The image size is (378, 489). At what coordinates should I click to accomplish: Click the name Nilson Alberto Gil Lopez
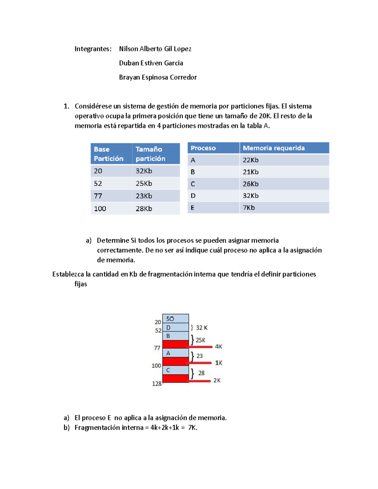click(155, 49)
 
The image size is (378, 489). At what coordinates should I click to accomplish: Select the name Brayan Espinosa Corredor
click(158, 77)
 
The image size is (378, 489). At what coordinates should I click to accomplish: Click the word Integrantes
click(93, 49)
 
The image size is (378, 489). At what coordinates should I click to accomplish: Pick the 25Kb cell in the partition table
click(144, 183)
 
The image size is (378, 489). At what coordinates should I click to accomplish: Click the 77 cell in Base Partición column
click(98, 196)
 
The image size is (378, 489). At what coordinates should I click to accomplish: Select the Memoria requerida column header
click(274, 148)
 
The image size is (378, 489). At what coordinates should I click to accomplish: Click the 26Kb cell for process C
click(251, 184)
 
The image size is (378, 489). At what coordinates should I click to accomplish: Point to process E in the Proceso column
click(192, 208)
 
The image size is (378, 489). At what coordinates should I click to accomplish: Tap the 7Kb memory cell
click(249, 208)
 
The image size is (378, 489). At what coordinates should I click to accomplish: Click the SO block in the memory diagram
click(175, 319)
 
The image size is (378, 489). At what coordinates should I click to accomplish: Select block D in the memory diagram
click(175, 327)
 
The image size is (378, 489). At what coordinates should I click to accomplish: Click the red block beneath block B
click(175, 344)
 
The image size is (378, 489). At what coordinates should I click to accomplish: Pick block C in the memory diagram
click(175, 370)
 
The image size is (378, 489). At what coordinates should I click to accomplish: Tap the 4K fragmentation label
click(219, 347)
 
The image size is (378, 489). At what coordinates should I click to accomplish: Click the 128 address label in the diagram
click(157, 384)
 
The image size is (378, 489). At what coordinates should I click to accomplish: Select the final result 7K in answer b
click(192, 428)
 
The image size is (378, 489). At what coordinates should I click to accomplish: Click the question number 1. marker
click(66, 106)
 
